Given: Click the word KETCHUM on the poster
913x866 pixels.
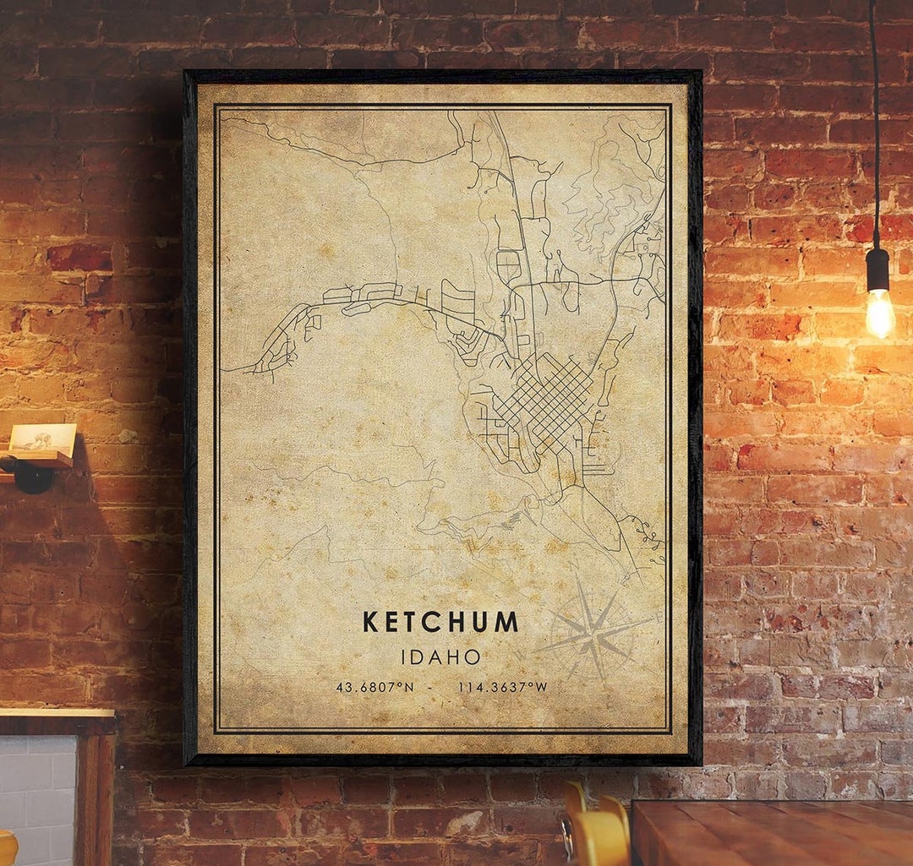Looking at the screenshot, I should [440, 622].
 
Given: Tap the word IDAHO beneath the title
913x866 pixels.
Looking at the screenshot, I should [440, 656].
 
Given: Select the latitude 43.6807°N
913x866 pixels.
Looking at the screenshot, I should [374, 687].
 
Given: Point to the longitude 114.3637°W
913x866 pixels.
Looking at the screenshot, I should [502, 687].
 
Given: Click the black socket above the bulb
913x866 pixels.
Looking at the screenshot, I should [877, 269].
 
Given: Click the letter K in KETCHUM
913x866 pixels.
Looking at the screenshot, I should [369, 622].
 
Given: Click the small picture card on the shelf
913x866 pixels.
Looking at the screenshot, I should [41, 438].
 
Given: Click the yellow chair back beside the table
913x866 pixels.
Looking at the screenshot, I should [596, 832].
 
